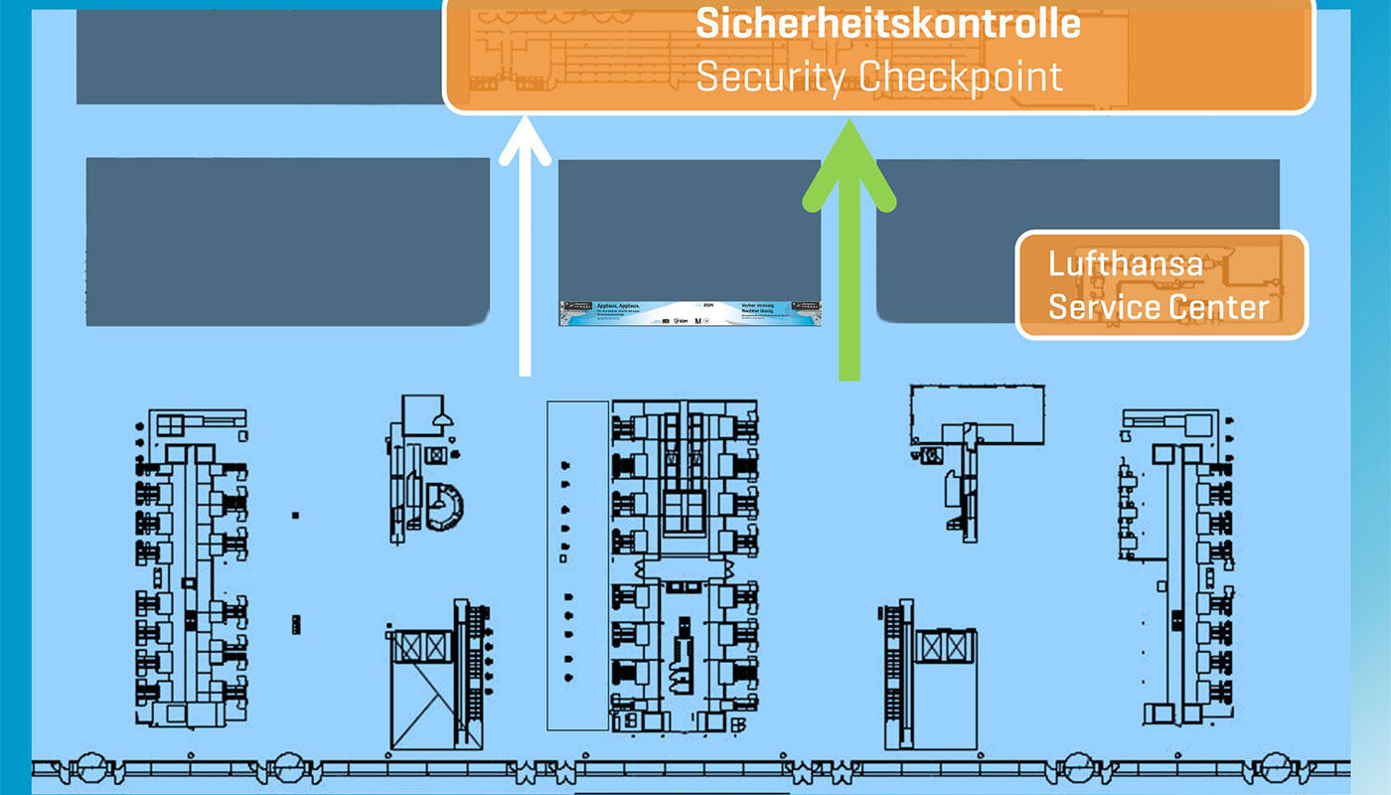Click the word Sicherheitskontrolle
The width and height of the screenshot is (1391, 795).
coord(887,24)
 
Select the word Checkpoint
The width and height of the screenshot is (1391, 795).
coord(960,77)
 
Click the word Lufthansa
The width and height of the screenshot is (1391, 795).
coord(1126,264)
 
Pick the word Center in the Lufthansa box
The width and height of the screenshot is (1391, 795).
coord(1221,306)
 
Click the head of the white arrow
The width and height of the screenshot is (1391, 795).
coord(525,139)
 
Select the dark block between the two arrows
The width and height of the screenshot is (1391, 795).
coord(689,229)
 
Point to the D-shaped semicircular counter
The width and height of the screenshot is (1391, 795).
coord(444,504)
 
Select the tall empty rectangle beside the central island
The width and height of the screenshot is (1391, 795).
coord(577,564)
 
